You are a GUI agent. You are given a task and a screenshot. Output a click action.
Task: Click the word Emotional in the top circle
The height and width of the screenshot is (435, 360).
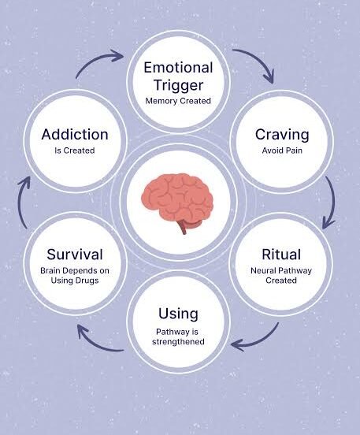pos(178,68)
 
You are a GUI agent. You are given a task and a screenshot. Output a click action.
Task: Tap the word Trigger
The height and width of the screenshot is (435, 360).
pos(178,85)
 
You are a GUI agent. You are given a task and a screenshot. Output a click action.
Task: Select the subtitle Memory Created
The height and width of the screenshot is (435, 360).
pos(178,101)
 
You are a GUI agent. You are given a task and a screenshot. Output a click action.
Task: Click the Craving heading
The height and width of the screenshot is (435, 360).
pos(282,135)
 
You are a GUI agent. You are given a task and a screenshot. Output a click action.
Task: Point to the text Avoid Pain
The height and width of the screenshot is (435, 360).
pos(282,151)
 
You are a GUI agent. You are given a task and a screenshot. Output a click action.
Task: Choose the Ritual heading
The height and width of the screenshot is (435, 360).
pos(281,255)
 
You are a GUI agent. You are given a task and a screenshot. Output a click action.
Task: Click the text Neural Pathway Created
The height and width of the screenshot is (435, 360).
pos(281,276)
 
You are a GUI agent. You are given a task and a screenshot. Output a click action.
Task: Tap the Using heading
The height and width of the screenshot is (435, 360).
pos(178,314)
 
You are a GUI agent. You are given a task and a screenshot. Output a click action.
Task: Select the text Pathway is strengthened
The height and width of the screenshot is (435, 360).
pos(178,336)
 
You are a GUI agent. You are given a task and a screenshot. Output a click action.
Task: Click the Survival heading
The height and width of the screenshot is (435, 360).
pos(75,255)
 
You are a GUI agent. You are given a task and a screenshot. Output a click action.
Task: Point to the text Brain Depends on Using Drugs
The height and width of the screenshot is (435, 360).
pos(75,276)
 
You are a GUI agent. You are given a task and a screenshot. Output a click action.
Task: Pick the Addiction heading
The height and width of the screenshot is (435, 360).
pos(75,135)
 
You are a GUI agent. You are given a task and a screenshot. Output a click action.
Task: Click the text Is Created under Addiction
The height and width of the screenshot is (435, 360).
pos(75,151)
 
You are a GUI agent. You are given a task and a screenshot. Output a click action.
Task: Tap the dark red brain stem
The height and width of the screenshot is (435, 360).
pos(184,226)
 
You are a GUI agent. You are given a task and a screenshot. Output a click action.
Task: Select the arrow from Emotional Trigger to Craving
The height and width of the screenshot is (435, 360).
pos(257,60)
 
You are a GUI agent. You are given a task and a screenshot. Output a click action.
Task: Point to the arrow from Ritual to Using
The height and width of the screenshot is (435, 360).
pos(259,340)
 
